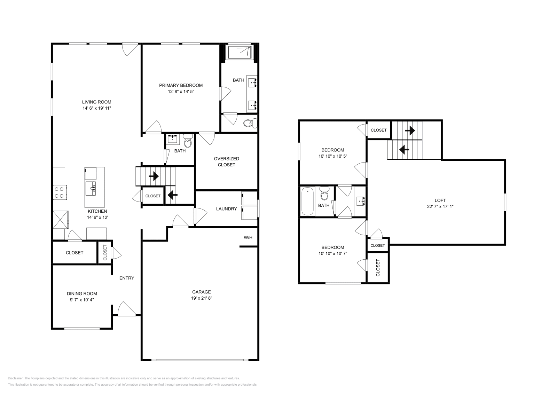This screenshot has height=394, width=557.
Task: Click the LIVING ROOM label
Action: point(96,102)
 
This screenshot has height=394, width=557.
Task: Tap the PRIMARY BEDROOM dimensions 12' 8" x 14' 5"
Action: point(181,92)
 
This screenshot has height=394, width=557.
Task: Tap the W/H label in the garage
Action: point(248,237)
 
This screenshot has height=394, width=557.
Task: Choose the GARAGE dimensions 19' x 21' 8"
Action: point(202,298)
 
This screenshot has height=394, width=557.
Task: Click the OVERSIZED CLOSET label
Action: point(226,161)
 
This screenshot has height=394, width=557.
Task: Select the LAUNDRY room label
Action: point(226,209)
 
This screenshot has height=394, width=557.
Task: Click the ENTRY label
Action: point(127,278)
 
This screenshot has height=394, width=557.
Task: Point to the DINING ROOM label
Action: point(82,293)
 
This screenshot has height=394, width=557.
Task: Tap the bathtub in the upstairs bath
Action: point(307,201)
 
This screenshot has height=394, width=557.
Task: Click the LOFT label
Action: point(440,200)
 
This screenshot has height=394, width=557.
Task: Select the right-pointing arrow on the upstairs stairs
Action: point(410,131)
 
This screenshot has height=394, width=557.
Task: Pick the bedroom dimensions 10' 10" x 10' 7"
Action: point(332,253)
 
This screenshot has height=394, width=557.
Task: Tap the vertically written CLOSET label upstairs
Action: point(378,268)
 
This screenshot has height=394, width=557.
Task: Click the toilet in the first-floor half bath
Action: point(188,142)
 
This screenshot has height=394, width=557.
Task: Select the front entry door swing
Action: point(126,309)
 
